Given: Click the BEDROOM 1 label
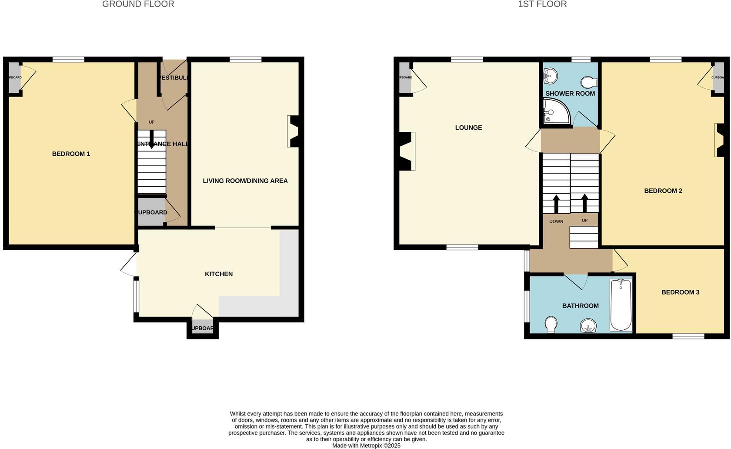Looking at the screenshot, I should coord(71,154).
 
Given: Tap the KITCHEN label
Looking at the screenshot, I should coord(219,274).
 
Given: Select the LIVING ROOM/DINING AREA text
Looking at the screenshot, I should coord(245,181).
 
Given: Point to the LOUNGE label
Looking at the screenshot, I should coord(468,127).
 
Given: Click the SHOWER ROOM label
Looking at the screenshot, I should coord(570,94).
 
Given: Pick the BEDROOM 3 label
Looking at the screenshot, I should coord(680,292).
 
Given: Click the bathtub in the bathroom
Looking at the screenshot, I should coord(621,305).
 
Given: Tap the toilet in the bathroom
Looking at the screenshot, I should coord(551,324).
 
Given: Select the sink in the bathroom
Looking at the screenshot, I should coord(588,325).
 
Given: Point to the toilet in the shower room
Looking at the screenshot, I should coord(590,82).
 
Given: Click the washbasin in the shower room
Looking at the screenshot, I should coord(550,76).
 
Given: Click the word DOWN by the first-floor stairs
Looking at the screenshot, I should coord(556,221).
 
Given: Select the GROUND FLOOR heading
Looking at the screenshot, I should coord(138,4).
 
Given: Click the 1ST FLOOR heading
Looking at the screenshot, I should coord(542,4).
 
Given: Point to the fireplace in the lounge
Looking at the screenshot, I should coord(407,151).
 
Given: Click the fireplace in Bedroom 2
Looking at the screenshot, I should coord(720,140).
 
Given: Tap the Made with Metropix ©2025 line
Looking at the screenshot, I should coord(366,446).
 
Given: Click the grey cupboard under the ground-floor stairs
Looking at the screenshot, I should coord(151,212).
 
